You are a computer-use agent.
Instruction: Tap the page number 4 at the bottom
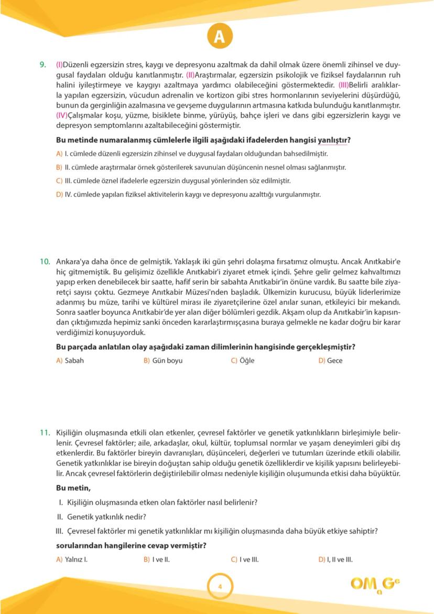220,586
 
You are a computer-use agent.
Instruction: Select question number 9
42,65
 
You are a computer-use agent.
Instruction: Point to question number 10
45,261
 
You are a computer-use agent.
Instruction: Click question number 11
45,433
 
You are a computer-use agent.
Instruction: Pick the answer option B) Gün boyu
163,361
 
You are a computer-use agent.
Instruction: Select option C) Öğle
243,361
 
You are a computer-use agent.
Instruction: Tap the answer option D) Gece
330,361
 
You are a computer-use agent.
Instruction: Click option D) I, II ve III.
335,559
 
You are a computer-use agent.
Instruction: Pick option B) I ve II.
157,559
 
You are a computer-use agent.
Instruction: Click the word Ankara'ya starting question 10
72,261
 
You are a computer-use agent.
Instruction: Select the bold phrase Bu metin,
73,488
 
